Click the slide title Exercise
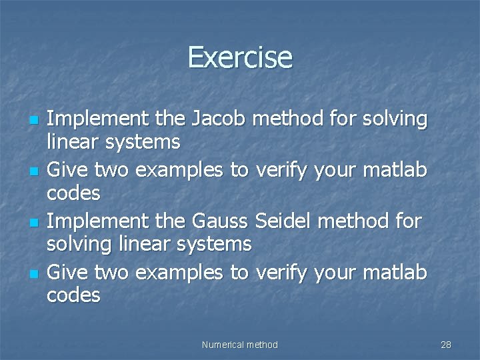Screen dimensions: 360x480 coord(240,57)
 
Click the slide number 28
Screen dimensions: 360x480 coord(446,345)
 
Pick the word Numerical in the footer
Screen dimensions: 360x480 coord(223,345)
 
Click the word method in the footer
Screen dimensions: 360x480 coord(262,345)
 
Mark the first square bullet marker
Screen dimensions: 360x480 coord(33,121)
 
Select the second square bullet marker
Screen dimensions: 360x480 coord(33,172)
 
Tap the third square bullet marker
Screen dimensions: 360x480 coord(33,222)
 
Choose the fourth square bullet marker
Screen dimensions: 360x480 coord(33,273)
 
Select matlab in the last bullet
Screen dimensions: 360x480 coord(395,272)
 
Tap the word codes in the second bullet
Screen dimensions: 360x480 coord(73,193)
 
